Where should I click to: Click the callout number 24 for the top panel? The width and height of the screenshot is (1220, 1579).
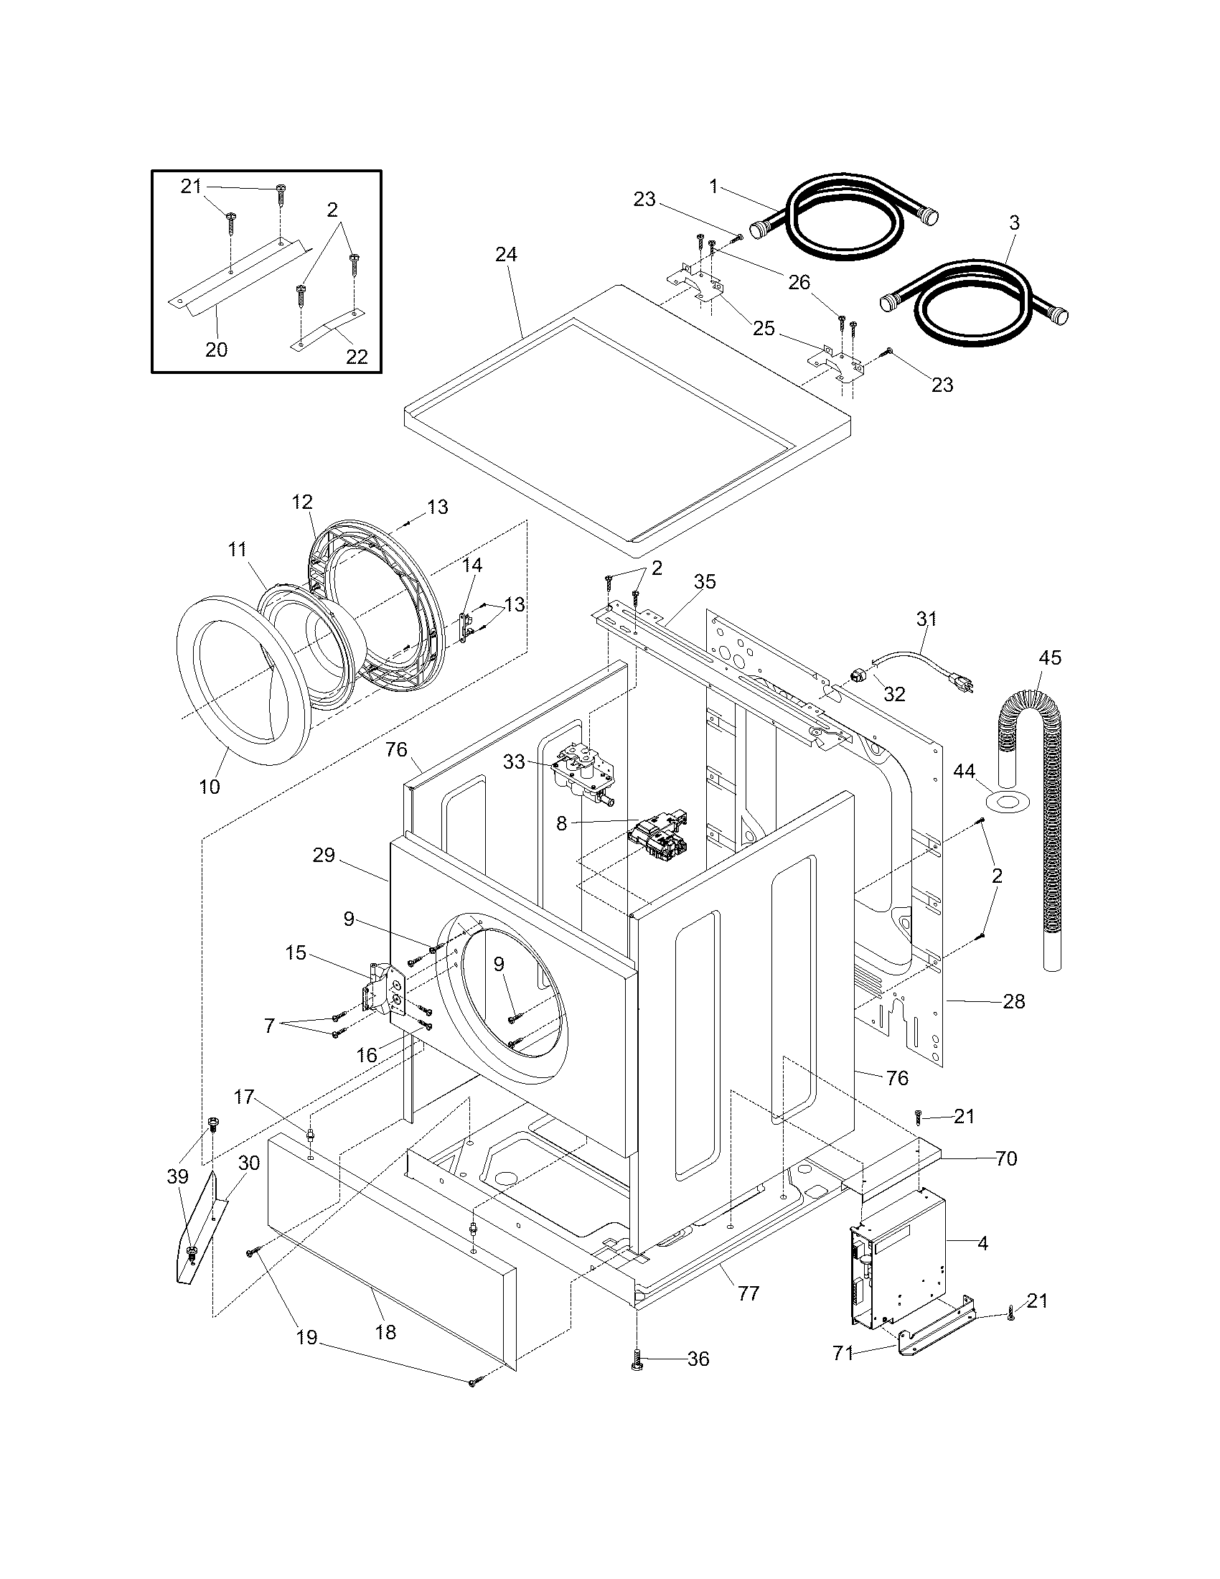click(506, 255)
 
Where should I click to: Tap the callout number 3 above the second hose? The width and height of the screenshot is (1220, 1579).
click(1014, 223)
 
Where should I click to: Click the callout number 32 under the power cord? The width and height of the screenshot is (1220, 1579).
click(894, 694)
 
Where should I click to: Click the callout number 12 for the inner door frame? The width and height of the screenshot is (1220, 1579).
click(302, 502)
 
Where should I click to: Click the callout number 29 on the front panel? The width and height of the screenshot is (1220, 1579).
click(324, 856)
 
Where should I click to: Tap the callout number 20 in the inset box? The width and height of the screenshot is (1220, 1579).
click(216, 350)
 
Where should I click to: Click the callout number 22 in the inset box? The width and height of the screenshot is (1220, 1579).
click(357, 356)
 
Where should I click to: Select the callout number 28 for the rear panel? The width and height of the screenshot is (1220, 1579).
click(1013, 1001)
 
